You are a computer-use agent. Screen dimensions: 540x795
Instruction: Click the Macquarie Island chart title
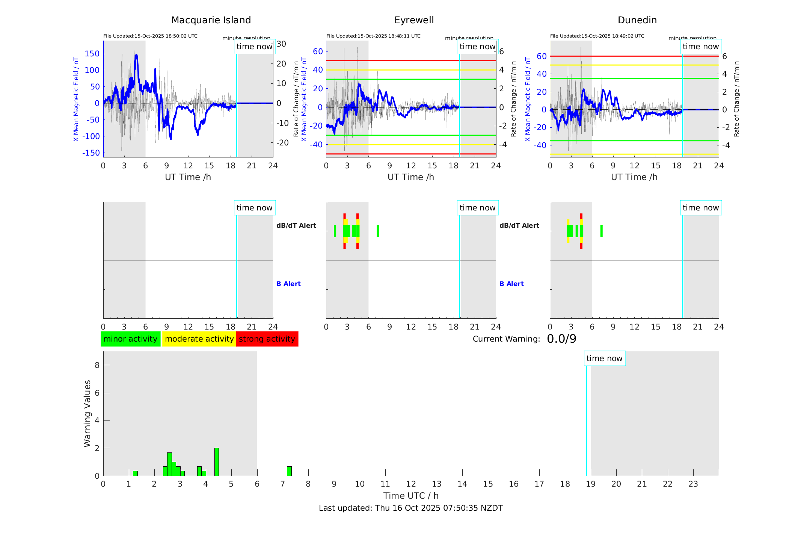pos(211,20)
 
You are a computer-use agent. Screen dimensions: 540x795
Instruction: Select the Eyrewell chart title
pos(414,20)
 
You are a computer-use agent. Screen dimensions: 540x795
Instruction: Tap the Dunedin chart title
pos(637,20)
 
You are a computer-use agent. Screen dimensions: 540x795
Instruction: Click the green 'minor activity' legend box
pos(130,339)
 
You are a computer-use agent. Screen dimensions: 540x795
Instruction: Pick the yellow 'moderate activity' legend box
pos(199,339)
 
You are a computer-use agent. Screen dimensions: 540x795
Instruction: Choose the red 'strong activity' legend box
pos(267,339)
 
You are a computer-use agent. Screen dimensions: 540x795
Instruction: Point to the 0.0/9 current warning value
pos(561,339)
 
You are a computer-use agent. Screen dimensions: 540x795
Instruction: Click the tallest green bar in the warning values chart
pos(216,462)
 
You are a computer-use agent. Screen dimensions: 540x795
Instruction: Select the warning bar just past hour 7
pos(289,471)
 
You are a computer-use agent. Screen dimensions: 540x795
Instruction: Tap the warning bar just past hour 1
pos(135,473)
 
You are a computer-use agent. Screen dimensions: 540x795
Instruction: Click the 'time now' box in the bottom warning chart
pos(604,358)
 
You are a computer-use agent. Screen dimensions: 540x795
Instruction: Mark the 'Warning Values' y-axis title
pos(87,413)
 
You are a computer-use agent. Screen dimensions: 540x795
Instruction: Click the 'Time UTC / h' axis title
pos(411,496)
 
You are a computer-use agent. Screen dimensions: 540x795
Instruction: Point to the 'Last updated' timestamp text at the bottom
pos(410,508)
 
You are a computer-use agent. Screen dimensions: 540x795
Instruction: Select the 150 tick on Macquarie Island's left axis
pos(92,54)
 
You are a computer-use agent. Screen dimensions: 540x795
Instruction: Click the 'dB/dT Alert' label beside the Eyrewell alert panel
pos(519,225)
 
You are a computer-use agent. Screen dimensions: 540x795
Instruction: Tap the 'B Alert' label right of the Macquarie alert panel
pos(288,284)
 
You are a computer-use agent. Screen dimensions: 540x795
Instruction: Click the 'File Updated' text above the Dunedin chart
pos(597,36)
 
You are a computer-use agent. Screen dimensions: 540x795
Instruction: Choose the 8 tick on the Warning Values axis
pos(97,365)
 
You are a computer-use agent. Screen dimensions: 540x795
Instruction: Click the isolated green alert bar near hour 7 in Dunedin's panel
pos(601,231)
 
